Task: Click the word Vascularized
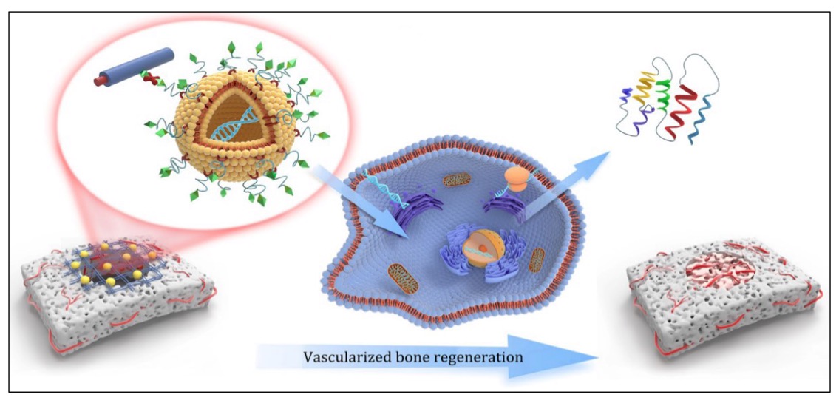coord(342,358)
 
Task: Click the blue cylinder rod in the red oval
coord(136,67)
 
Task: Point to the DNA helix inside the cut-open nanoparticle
coord(234,123)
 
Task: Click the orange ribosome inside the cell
coord(517,177)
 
